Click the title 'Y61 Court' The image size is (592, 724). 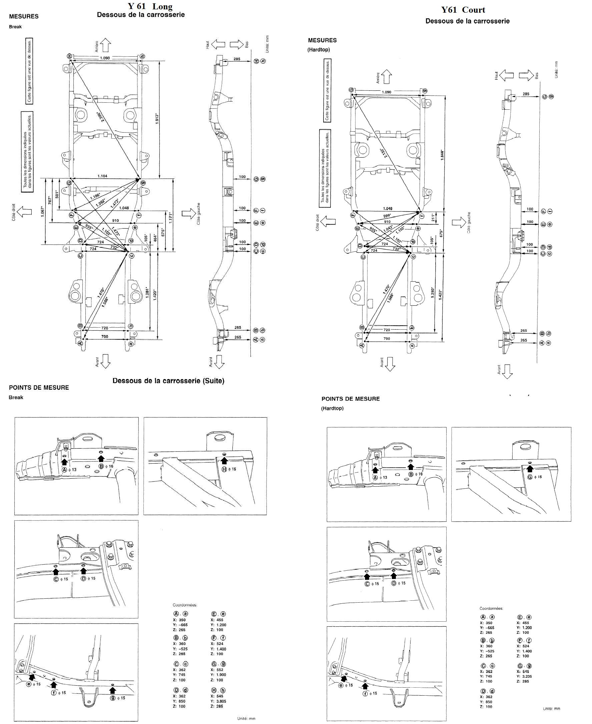tap(463, 10)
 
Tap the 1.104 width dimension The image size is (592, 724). tap(102, 176)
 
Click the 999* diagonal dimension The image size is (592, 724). tap(386, 216)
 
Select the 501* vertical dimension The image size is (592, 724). tap(57, 194)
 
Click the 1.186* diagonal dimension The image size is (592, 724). tap(95, 196)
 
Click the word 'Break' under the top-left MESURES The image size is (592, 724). tap(15, 27)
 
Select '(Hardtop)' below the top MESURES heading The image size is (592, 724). tap(319, 49)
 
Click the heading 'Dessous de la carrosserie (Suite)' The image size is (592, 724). tap(168, 381)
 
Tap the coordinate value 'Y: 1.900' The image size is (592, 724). tap(218, 675)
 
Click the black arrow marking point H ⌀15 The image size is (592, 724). tap(224, 461)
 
